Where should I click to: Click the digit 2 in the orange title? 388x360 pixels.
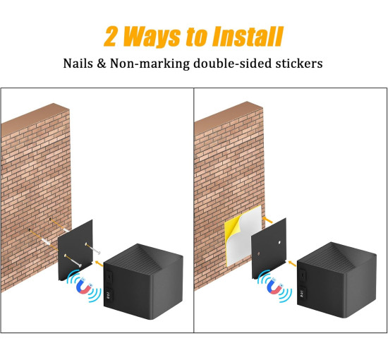(x=110, y=37)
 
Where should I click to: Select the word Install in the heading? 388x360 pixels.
(x=248, y=37)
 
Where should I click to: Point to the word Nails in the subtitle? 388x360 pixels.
(x=78, y=63)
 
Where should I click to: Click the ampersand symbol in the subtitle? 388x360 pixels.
(x=101, y=64)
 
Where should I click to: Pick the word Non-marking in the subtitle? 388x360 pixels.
(x=150, y=64)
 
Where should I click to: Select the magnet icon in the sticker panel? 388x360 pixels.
(x=275, y=286)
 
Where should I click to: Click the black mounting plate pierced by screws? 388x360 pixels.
(x=75, y=250)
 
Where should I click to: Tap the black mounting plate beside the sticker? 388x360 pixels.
(x=269, y=248)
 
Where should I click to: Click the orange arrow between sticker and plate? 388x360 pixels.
(x=267, y=220)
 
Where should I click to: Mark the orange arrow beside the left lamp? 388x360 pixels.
(x=99, y=263)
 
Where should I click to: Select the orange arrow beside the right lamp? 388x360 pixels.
(x=292, y=263)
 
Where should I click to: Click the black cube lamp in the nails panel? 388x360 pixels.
(x=143, y=282)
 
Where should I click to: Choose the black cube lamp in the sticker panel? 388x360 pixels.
(x=337, y=280)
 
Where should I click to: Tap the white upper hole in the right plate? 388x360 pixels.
(x=279, y=243)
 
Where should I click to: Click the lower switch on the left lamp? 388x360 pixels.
(x=109, y=294)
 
